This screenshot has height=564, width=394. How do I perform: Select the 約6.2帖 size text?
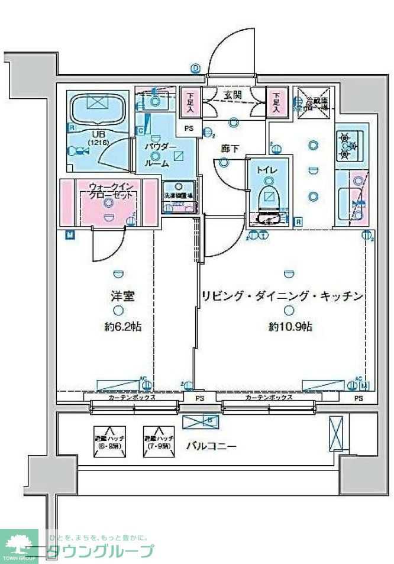coord(121,327)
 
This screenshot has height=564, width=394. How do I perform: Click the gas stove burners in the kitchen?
coord(347,146)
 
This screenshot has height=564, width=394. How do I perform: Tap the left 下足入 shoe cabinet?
coord(190,103)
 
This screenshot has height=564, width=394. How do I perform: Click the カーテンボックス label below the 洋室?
coord(131,398)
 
